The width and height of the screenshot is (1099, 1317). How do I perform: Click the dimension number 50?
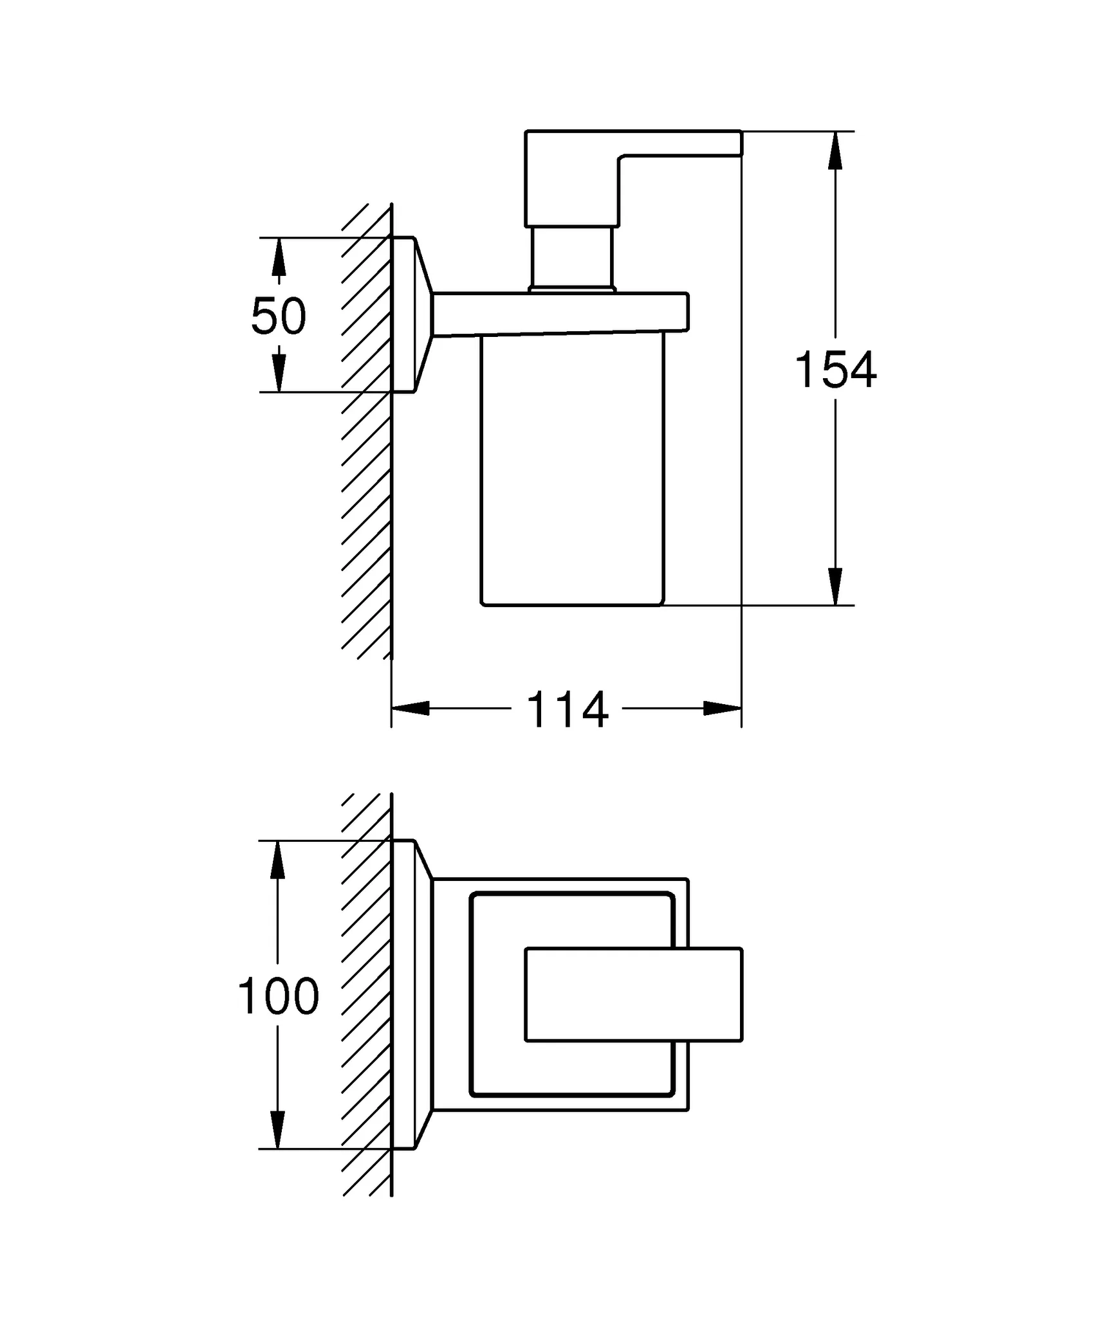click(x=279, y=316)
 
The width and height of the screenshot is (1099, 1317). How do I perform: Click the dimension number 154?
click(x=835, y=370)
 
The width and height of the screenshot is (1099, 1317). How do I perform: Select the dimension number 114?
click(x=567, y=710)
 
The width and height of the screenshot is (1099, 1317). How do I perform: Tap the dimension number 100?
click(x=278, y=996)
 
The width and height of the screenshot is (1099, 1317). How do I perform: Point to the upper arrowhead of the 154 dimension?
click(x=835, y=150)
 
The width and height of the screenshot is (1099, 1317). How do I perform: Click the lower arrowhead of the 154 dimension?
click(x=835, y=586)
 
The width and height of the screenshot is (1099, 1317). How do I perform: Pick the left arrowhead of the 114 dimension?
click(x=411, y=709)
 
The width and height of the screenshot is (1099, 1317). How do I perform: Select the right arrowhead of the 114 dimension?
click(x=723, y=709)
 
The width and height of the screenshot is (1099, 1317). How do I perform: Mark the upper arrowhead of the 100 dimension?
click(x=277, y=860)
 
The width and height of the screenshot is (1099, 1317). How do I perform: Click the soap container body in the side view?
click(x=572, y=469)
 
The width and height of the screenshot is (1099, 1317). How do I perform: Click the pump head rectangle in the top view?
click(x=634, y=994)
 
